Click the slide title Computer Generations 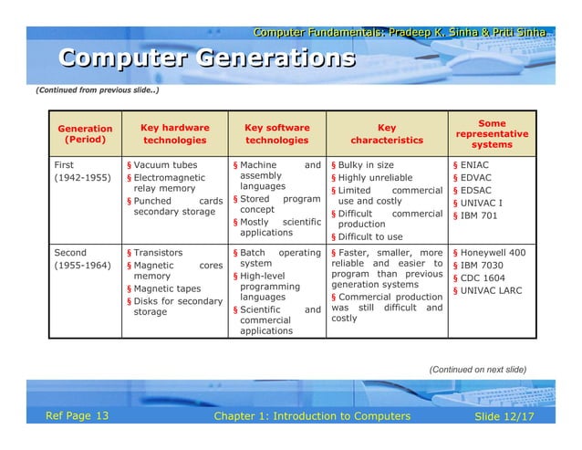coord(207,59)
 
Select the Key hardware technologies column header coord(175,134)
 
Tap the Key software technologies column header coord(277,134)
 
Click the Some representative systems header coord(491,133)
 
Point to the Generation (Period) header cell coord(85,135)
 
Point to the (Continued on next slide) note coord(477,369)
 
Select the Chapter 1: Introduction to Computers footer coord(311,417)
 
